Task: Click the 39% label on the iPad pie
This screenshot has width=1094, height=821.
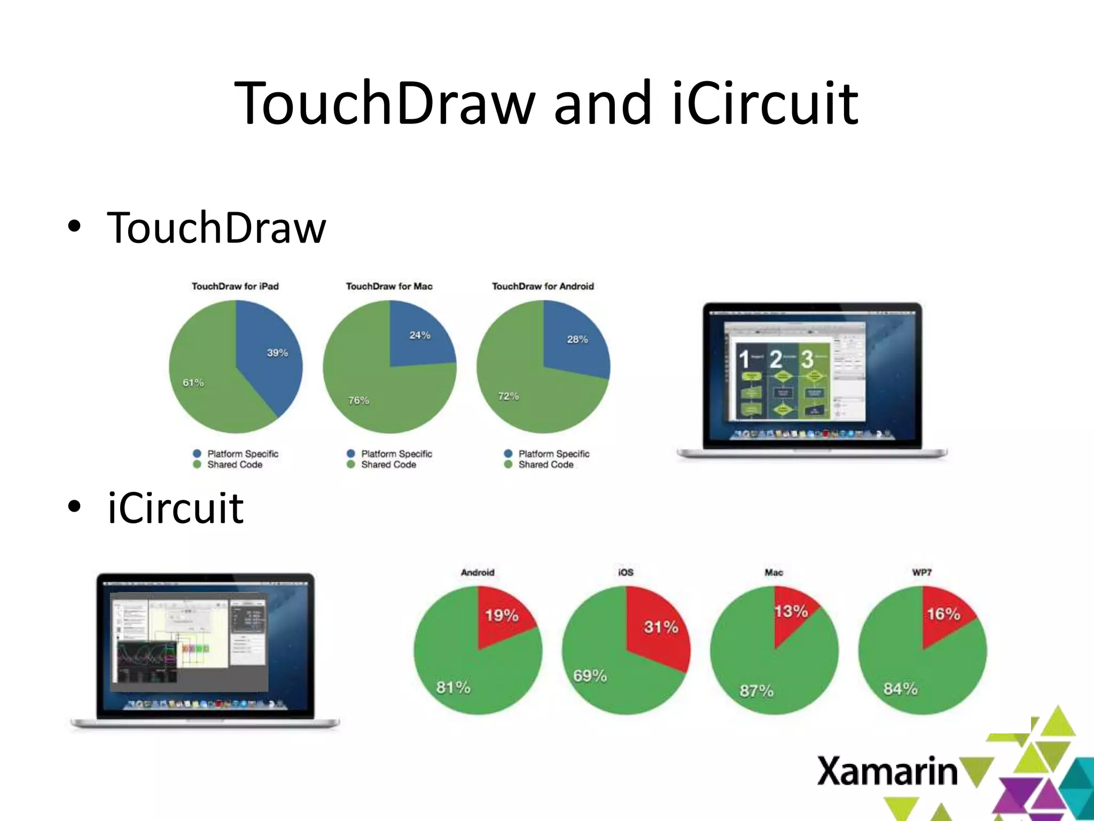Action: point(277,353)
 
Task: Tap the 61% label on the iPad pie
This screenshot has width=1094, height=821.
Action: point(193,383)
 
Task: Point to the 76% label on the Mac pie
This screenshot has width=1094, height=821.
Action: point(358,400)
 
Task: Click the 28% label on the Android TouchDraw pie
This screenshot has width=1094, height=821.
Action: point(577,339)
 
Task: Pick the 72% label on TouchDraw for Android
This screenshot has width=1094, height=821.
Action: point(508,396)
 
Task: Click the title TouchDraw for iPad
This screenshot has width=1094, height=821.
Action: point(235,286)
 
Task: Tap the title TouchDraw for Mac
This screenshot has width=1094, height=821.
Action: point(389,286)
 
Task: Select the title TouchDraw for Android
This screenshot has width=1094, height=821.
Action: point(543,286)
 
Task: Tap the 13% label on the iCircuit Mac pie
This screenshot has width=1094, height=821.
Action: point(791,611)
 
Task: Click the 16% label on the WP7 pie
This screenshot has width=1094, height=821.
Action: point(943,614)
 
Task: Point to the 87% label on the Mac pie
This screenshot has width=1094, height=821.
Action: point(756,691)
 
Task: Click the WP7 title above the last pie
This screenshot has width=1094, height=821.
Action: point(922,572)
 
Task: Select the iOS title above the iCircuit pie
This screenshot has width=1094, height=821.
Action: point(626,572)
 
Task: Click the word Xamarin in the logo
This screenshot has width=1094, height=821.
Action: point(887,771)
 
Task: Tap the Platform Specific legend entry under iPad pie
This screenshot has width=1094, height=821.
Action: point(243,454)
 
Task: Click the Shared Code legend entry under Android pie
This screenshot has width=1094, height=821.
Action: point(545,465)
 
